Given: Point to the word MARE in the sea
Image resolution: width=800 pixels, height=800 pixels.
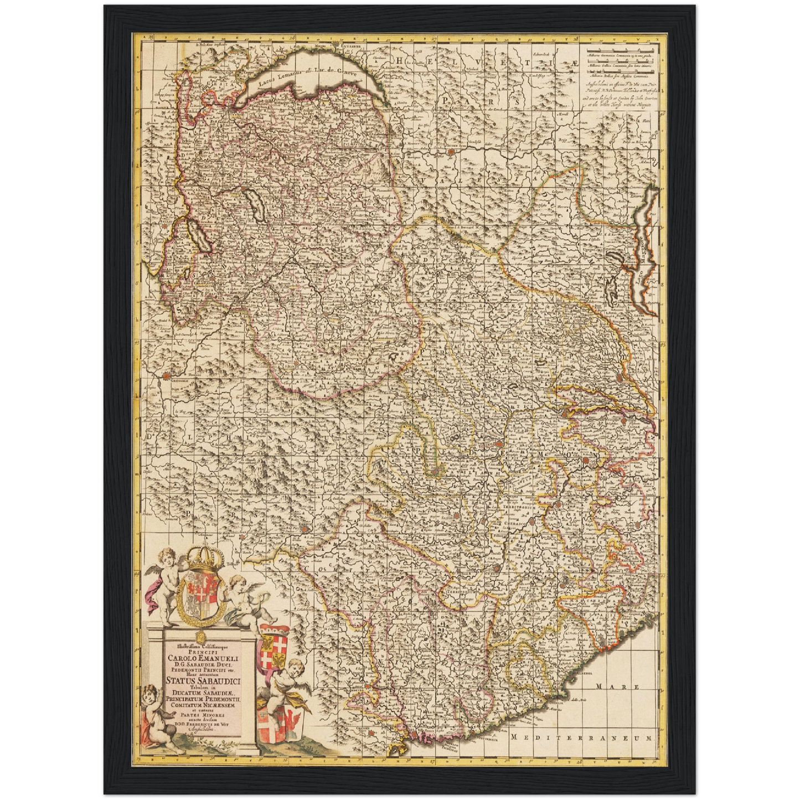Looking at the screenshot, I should tap(618, 687).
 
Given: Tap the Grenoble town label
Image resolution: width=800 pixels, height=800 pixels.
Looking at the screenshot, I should tap(179, 381).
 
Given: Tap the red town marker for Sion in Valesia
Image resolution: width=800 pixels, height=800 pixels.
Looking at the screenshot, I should tap(452, 151).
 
